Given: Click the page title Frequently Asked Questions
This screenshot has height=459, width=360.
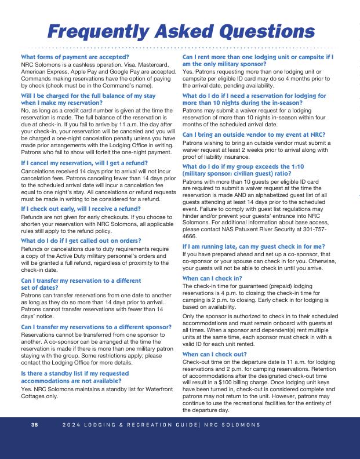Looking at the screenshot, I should click(181, 30).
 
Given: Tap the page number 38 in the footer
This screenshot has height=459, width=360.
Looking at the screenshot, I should click(35, 425).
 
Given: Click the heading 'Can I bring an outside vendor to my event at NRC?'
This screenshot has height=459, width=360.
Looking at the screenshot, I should click(254, 134).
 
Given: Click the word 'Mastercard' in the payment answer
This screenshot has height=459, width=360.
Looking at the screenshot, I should click(152, 64).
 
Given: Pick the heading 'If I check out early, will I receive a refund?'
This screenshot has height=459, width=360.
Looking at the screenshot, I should click(81, 209).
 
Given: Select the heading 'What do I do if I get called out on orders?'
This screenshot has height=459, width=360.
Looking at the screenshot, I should click(81, 240).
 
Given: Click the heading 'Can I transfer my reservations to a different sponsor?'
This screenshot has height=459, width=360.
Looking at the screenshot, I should click(96, 327).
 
